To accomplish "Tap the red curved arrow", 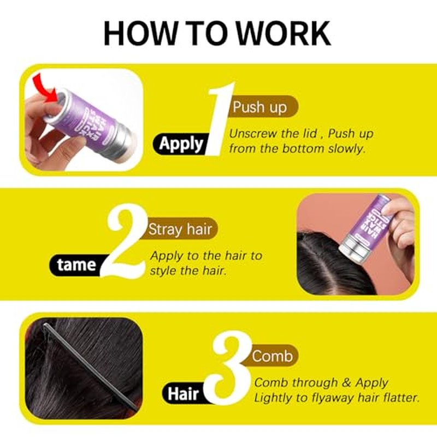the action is [46, 88].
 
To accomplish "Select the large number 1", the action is [221, 119].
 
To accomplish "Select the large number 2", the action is [127, 241].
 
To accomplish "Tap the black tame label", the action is [76, 265].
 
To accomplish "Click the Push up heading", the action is [260, 107].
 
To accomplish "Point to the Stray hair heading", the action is [180, 229].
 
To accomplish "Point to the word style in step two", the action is [163, 271].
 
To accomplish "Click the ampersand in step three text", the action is [346, 383].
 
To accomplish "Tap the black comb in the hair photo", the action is [89, 366].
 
